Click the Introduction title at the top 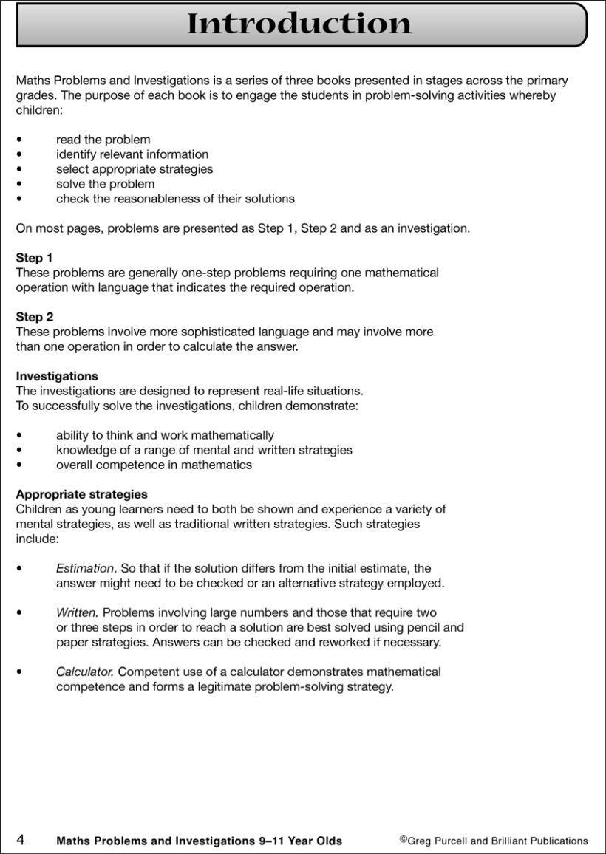click(x=299, y=24)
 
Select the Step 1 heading click(x=34, y=258)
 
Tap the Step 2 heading click(x=34, y=317)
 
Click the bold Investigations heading click(x=57, y=376)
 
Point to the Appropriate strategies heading click(x=81, y=494)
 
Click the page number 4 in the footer click(x=21, y=840)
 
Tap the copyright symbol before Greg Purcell click(x=404, y=838)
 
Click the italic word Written click(x=77, y=612)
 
